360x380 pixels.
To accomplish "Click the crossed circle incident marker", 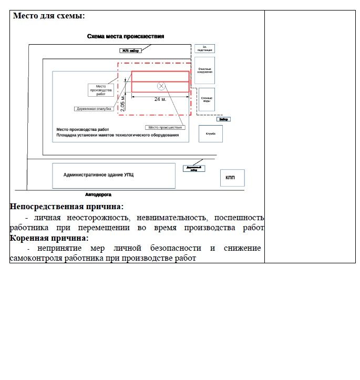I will point(161,86).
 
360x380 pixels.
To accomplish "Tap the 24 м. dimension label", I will point(160,99).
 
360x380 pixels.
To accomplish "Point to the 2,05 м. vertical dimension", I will point(123,104).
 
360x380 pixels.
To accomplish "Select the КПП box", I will point(230,178).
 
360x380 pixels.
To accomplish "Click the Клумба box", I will point(211,133).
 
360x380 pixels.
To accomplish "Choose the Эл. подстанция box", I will point(204,48).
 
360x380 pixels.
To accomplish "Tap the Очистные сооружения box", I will point(205,70).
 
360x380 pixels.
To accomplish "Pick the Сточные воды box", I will point(207,99).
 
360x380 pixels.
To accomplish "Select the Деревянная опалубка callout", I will point(94,109).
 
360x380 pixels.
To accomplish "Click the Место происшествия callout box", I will point(165,127).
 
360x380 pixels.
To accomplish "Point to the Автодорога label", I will point(98,194).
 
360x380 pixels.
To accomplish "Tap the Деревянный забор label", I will point(193,169).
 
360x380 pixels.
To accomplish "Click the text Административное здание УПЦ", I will point(98,174).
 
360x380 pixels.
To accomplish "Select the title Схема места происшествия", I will point(126,36).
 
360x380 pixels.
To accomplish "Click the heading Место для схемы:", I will point(48,16).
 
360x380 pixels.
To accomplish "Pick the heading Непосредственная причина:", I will point(67,207).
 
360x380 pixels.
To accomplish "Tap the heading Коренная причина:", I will point(53,238).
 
